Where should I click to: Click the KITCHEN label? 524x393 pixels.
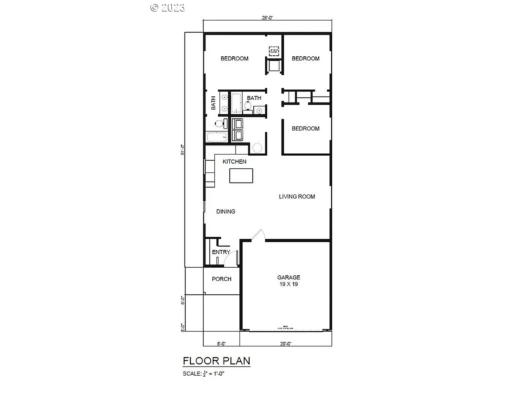click(234, 162)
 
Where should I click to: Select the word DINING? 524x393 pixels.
click(226, 211)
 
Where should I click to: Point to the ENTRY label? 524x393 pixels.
click(221, 252)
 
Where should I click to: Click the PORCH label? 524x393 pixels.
click(222, 279)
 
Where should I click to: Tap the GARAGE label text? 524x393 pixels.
click(289, 277)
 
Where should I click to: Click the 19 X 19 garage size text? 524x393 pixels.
click(289, 284)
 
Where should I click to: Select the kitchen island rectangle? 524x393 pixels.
click(242, 176)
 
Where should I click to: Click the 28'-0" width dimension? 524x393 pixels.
click(268, 17)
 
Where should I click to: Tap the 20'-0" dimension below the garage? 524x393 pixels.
click(286, 344)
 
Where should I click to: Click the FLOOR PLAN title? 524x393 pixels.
click(216, 361)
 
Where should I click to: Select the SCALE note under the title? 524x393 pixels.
click(204, 374)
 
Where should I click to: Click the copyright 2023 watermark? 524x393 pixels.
click(167, 7)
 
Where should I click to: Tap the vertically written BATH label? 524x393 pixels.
click(213, 104)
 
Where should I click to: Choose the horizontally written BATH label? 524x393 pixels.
click(254, 98)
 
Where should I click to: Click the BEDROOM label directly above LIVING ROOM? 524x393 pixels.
click(305, 128)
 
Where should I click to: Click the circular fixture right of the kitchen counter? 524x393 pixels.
click(257, 148)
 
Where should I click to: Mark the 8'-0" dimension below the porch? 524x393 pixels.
click(221, 344)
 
